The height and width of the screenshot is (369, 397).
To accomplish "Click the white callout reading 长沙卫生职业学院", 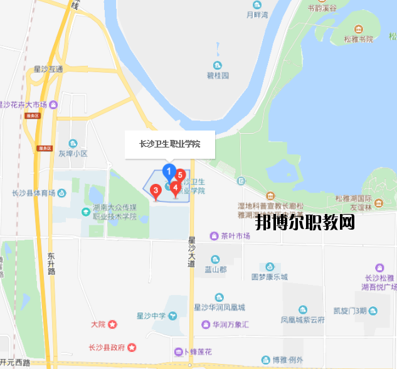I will tap(170, 144).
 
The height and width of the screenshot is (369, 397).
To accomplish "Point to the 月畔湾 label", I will tap(257, 14).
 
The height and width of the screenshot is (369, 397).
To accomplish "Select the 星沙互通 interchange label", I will tap(48, 69).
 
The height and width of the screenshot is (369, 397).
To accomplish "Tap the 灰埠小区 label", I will tap(73, 153).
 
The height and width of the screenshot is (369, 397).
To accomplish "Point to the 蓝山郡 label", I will tap(215, 269).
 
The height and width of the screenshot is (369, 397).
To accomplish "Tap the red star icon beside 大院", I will tap(112, 324).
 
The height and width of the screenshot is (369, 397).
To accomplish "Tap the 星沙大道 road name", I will tap(192, 251).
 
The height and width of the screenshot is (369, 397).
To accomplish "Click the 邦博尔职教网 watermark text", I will tap(305, 223).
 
